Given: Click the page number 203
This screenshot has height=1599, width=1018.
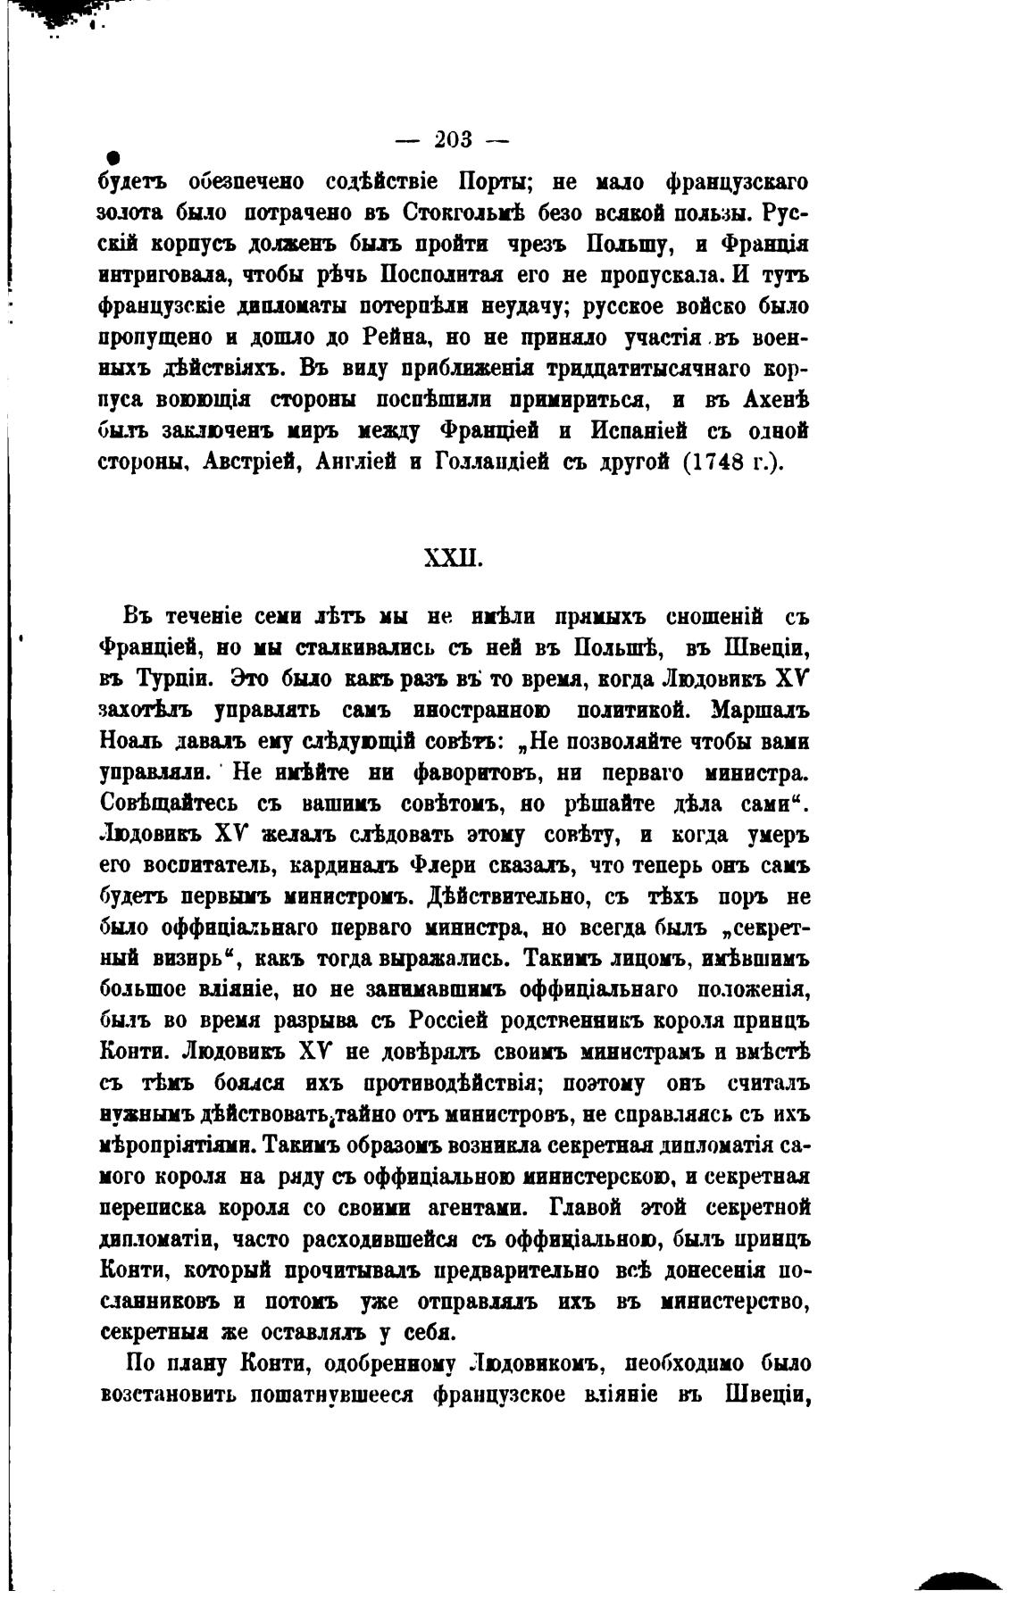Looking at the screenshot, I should click(x=452, y=140).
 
